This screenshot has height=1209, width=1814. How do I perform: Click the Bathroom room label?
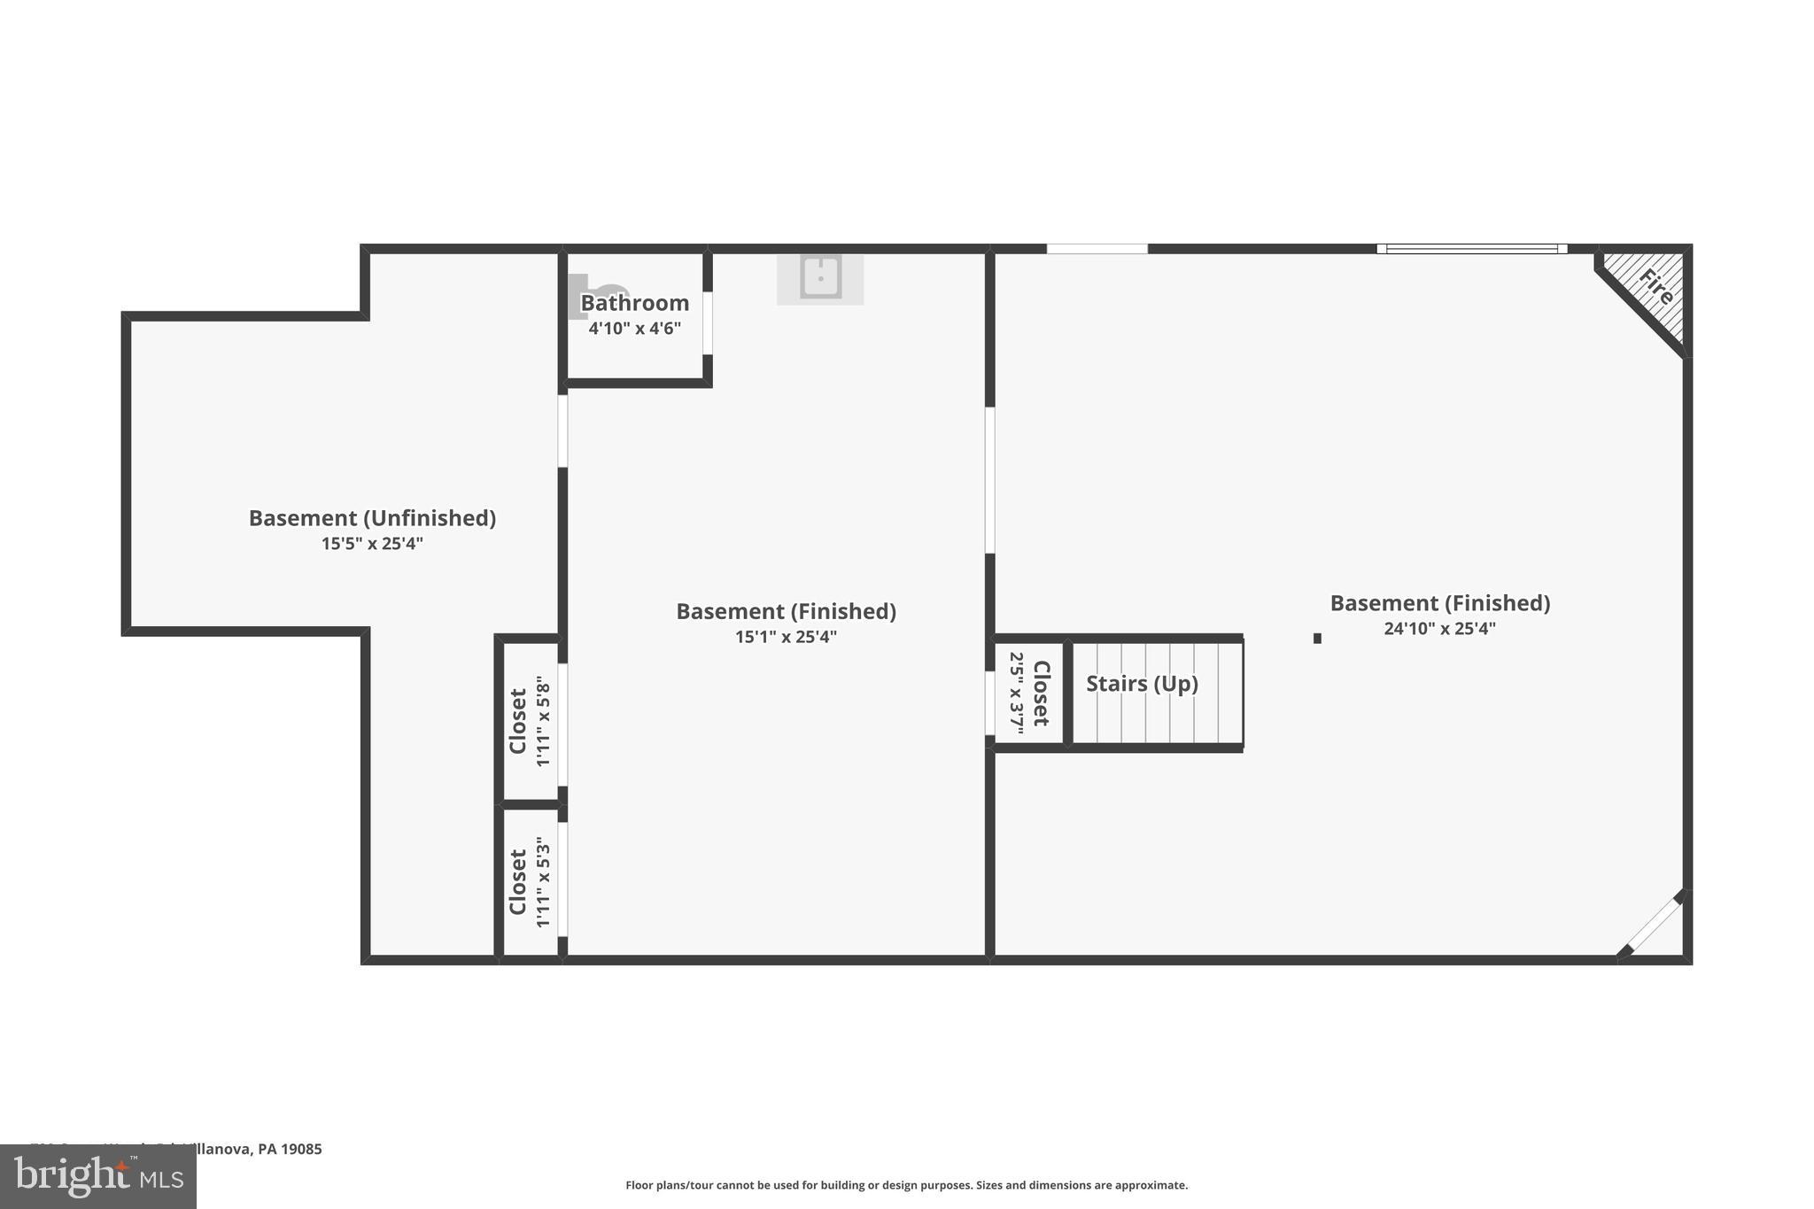(634, 303)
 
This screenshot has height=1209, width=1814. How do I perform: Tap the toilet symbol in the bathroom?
(598, 294)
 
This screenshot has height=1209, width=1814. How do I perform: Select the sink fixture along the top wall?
(820, 277)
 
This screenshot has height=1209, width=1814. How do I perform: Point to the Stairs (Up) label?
(1142, 684)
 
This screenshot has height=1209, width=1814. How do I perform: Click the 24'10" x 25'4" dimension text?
(1439, 629)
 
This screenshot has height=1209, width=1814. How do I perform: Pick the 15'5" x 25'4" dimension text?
(372, 544)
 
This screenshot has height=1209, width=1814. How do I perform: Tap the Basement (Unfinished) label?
(372, 518)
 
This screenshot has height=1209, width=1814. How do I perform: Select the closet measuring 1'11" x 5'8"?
(530, 722)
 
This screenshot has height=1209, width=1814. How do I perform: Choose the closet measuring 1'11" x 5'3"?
(530, 882)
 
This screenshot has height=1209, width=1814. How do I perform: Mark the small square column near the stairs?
(1317, 639)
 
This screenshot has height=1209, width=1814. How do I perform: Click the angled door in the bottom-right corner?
(1654, 926)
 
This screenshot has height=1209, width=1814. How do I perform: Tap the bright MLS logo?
(98, 1176)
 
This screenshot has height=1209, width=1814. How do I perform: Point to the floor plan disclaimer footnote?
(906, 1185)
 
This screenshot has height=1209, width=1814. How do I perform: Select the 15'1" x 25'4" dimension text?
(786, 637)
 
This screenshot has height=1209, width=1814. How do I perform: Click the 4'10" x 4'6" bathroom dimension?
(634, 329)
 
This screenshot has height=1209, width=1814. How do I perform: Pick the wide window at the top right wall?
(1471, 249)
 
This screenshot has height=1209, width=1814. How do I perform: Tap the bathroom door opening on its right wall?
(707, 323)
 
